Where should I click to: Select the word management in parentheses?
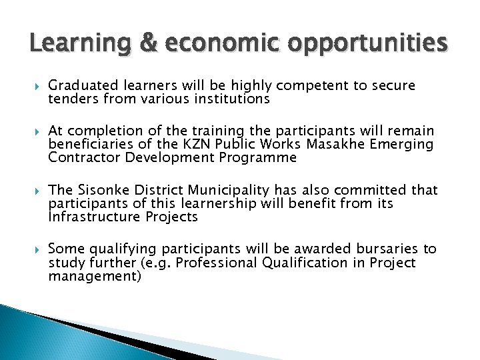tap(94, 276)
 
